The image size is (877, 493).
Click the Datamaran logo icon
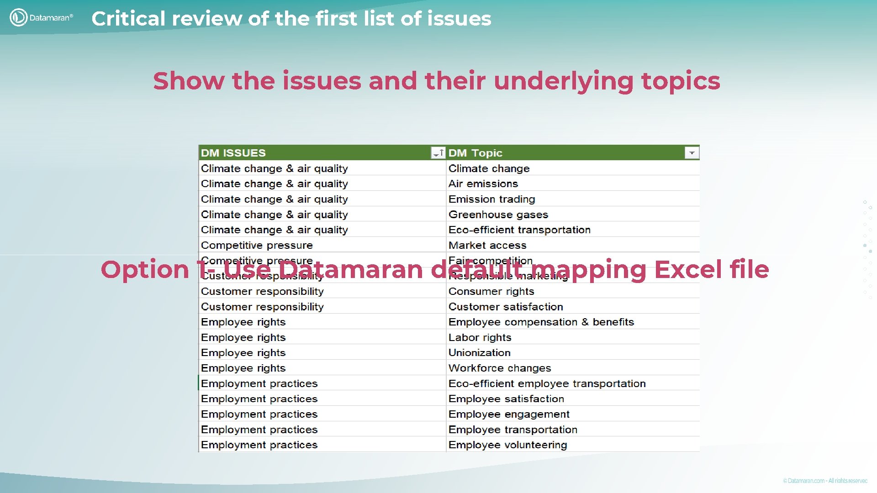pyautogui.click(x=18, y=17)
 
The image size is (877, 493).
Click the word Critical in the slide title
pyautogui.click(x=128, y=19)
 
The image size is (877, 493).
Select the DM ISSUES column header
pyautogui.click(x=233, y=153)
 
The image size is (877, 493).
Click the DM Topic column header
pyautogui.click(x=475, y=153)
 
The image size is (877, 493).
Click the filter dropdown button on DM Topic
pyautogui.click(x=692, y=153)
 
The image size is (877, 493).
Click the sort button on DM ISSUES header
pyautogui.click(x=438, y=153)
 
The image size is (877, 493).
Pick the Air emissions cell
pyautogui.click(x=483, y=184)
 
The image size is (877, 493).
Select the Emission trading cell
pyautogui.click(x=491, y=199)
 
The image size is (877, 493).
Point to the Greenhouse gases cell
pyautogui.click(x=498, y=215)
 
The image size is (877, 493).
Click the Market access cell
pyautogui.click(x=487, y=245)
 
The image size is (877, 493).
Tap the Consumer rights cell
pyautogui.click(x=491, y=291)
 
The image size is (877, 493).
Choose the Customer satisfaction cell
pyautogui.click(x=505, y=307)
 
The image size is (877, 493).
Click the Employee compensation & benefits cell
pyautogui.click(x=541, y=322)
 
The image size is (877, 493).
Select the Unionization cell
pyautogui.click(x=479, y=352)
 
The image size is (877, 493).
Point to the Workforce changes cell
pyautogui.click(x=499, y=368)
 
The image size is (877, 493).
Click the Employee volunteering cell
pyautogui.click(x=507, y=445)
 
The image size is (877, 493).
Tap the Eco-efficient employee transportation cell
pyautogui.click(x=547, y=383)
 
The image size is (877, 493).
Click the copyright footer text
pyautogui.click(x=824, y=481)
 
